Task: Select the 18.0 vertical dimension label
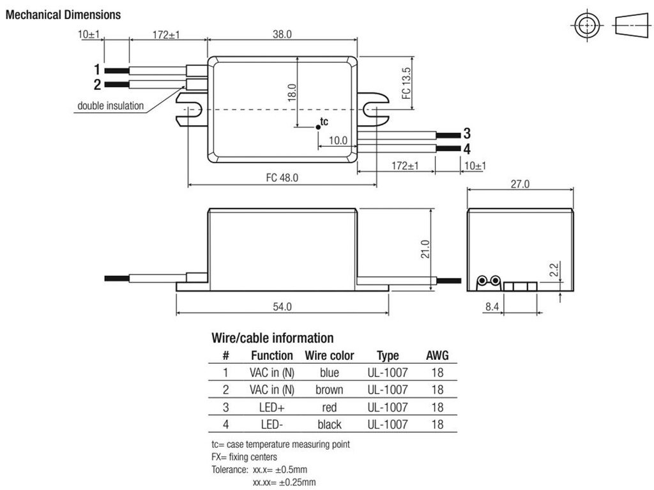click(x=292, y=93)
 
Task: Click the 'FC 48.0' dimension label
click(x=282, y=178)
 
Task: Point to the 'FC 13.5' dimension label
click(x=406, y=84)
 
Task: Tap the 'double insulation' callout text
click(x=110, y=106)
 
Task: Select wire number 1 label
click(x=97, y=70)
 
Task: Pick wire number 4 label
click(x=467, y=149)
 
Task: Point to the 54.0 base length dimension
click(x=282, y=307)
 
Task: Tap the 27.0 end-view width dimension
click(x=519, y=184)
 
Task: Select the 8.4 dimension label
click(x=492, y=307)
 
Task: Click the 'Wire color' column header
click(x=330, y=355)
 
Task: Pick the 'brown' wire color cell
click(x=330, y=389)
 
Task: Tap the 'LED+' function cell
click(x=272, y=407)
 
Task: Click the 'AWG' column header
click(x=437, y=355)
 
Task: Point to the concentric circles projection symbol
click(x=585, y=26)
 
